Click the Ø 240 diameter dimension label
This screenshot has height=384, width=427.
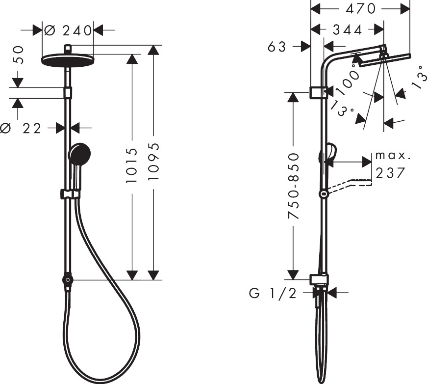pyautogui.click(x=68, y=30)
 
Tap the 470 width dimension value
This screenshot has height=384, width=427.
pyautogui.click(x=360, y=9)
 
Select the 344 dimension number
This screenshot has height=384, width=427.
pyautogui.click(x=348, y=29)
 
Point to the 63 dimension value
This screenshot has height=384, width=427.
pyautogui.click(x=277, y=47)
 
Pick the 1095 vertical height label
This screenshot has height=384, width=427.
pyautogui.click(x=153, y=161)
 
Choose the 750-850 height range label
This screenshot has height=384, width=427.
pyautogui.click(x=294, y=186)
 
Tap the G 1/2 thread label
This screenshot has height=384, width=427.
pyautogui.click(x=273, y=294)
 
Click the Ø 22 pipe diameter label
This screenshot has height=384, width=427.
pyautogui.click(x=21, y=128)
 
